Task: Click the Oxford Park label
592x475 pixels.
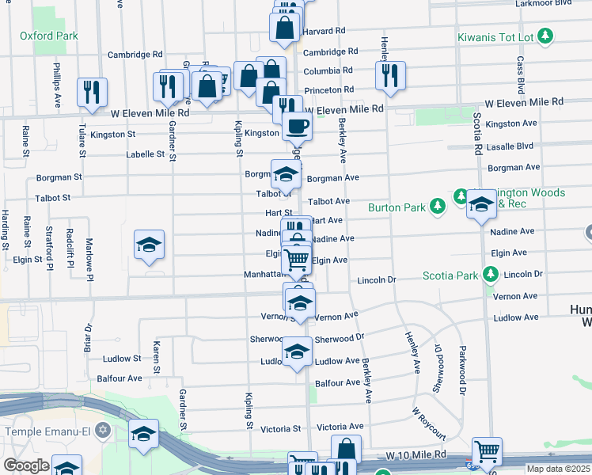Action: tap(49, 36)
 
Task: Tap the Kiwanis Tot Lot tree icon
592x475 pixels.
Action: tap(545, 36)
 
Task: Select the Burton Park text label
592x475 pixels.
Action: tap(397, 208)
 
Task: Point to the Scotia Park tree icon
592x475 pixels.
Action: tap(491, 275)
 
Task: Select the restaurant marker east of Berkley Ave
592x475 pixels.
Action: tap(390, 76)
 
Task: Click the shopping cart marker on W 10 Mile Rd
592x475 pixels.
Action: tap(487, 451)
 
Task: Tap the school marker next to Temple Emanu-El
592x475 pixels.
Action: tap(143, 434)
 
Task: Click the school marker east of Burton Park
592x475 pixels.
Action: tap(481, 205)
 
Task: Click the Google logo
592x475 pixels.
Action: tap(26, 465)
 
